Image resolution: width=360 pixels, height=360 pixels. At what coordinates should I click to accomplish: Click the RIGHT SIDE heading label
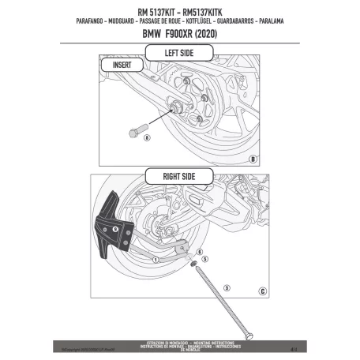coord(179,176)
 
